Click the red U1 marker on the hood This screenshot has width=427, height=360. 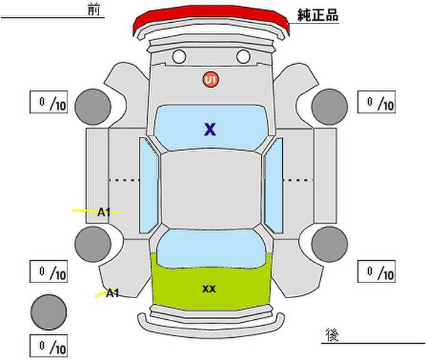[211, 79]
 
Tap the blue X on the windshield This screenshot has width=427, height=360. [210, 129]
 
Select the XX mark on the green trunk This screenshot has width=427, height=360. [209, 289]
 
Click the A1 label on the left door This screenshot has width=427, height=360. [104, 212]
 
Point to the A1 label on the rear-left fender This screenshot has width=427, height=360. [112, 293]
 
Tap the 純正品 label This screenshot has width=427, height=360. [318, 15]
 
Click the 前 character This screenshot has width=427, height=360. [94, 10]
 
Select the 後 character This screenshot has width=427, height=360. [332, 335]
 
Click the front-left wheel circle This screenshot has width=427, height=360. [93, 107]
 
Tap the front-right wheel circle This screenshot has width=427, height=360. [330, 107]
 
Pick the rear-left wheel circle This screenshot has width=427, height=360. [93, 244]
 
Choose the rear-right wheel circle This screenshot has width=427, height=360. [330, 244]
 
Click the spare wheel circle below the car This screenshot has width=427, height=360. [49, 312]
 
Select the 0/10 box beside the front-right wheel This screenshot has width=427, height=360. [377, 102]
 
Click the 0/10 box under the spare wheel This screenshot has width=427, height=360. [49, 346]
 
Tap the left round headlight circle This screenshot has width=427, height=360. [179, 56]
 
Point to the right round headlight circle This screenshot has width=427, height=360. [243, 56]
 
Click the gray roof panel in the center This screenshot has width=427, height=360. [211, 189]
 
